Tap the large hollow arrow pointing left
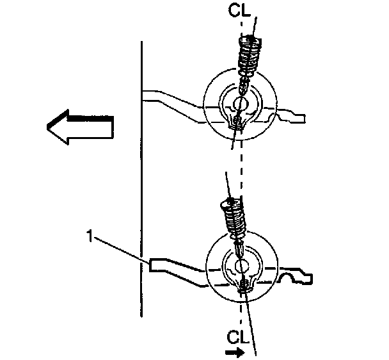[79, 127]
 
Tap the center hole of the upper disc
[241, 104]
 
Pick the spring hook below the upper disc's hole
[237, 122]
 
